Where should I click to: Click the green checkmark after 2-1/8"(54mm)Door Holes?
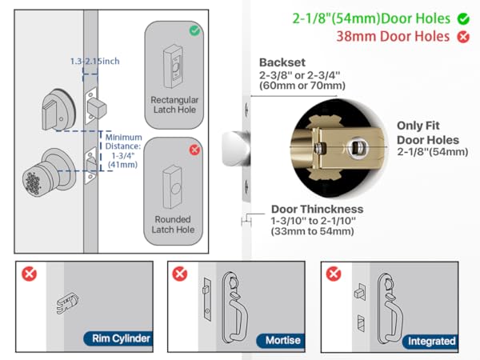click(463, 18)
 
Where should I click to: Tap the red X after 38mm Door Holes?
click(463, 38)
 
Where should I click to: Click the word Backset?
click(282, 62)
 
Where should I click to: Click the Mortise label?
click(282, 340)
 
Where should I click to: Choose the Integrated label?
click(431, 341)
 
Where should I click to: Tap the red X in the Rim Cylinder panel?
click(30, 274)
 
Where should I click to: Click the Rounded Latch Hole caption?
click(174, 224)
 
